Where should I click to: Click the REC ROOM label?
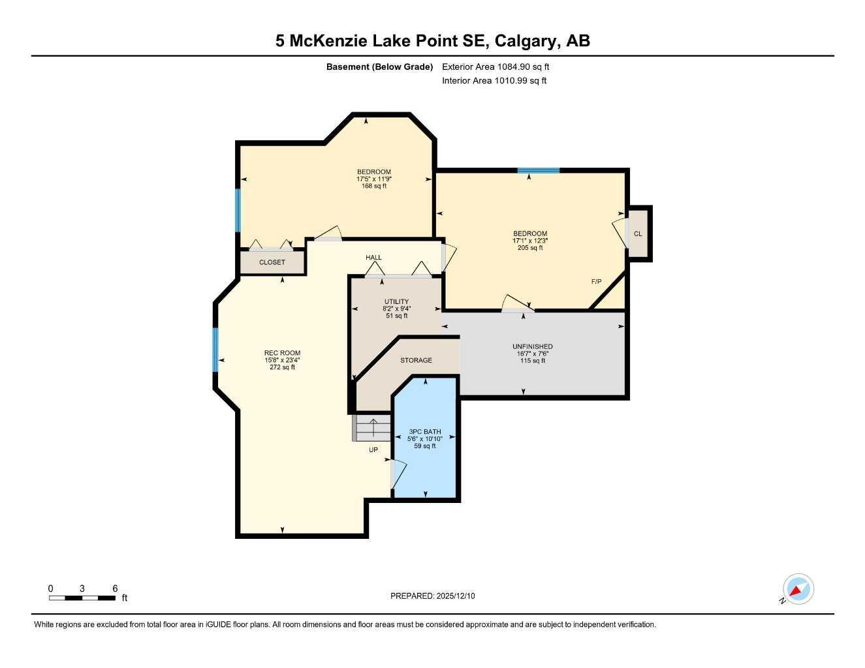(x=282, y=353)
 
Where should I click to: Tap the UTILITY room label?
(x=396, y=301)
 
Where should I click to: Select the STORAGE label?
(x=416, y=360)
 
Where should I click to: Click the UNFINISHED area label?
(x=532, y=346)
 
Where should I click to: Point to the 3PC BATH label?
(x=424, y=432)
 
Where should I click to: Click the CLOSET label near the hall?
(x=272, y=262)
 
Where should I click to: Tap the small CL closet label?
(x=638, y=234)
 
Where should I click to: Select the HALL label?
(x=373, y=258)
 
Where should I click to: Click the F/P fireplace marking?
(x=596, y=282)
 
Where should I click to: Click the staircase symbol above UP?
(x=372, y=429)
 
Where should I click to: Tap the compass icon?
(x=798, y=589)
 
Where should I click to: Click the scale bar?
(x=82, y=598)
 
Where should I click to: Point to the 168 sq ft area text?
(x=374, y=186)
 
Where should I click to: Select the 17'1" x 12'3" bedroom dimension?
(x=529, y=241)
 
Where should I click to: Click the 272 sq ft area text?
(x=282, y=367)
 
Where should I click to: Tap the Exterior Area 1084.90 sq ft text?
(x=495, y=67)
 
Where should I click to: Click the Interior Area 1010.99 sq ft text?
(x=494, y=81)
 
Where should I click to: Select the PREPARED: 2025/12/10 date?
(x=432, y=596)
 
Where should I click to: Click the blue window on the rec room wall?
(x=215, y=350)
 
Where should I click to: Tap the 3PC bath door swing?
(x=399, y=473)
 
